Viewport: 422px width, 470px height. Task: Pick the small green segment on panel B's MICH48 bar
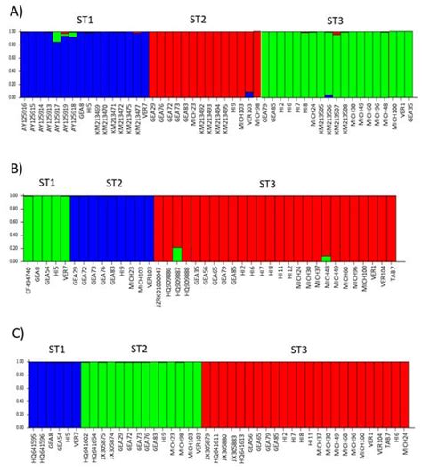[326, 258]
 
